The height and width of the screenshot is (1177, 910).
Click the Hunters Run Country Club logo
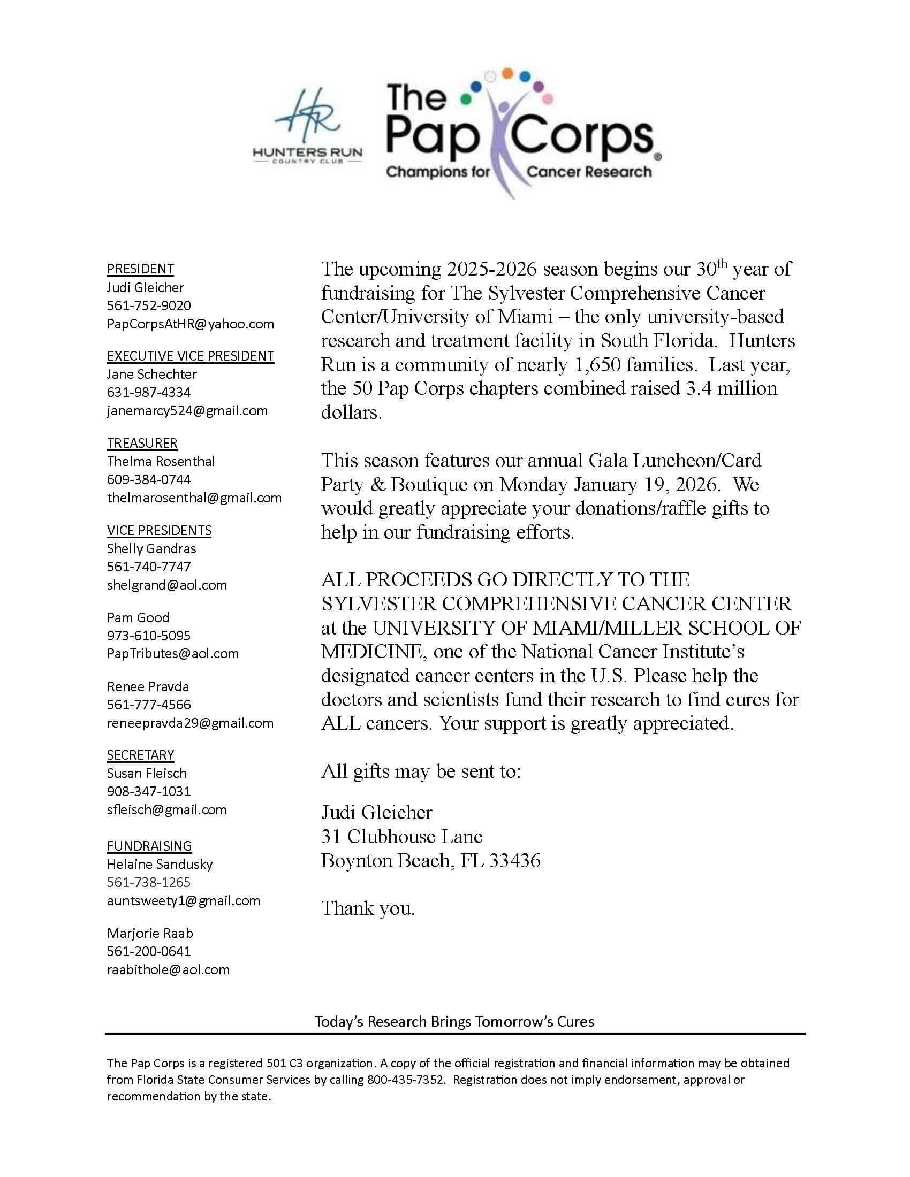coord(308,128)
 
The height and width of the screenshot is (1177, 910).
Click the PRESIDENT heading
coord(140,269)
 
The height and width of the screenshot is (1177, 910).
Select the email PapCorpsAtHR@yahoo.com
coord(191,324)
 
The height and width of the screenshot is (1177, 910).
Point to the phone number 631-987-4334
coord(149,392)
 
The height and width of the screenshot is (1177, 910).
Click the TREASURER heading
coord(142,443)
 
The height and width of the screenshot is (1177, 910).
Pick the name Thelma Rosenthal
coord(161,461)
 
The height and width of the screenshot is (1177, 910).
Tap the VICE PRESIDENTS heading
coord(159,530)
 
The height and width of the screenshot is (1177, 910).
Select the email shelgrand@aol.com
coord(166,585)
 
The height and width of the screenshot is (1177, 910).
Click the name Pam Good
coord(138,617)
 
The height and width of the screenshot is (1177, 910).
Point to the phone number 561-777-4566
coord(149,705)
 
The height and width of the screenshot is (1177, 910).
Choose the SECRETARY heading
coord(140,755)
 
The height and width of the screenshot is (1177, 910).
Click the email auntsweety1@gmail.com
coord(183,900)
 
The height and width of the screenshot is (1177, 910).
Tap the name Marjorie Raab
coord(150,933)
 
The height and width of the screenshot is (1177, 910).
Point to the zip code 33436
coord(514,861)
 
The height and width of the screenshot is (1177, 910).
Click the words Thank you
coord(368,908)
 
